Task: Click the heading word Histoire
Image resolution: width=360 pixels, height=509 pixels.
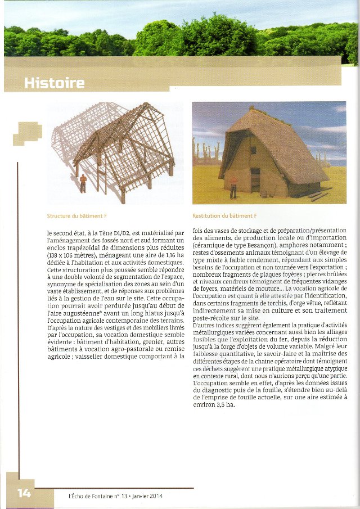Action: point(54,83)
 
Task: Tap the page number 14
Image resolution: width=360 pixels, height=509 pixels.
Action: point(24,493)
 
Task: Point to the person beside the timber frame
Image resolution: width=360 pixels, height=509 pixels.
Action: point(83,183)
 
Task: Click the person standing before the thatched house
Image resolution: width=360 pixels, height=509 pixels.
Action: point(232,187)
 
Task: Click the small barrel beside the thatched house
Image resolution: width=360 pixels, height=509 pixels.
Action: point(263,194)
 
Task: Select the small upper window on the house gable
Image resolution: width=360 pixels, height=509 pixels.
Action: point(253,150)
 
